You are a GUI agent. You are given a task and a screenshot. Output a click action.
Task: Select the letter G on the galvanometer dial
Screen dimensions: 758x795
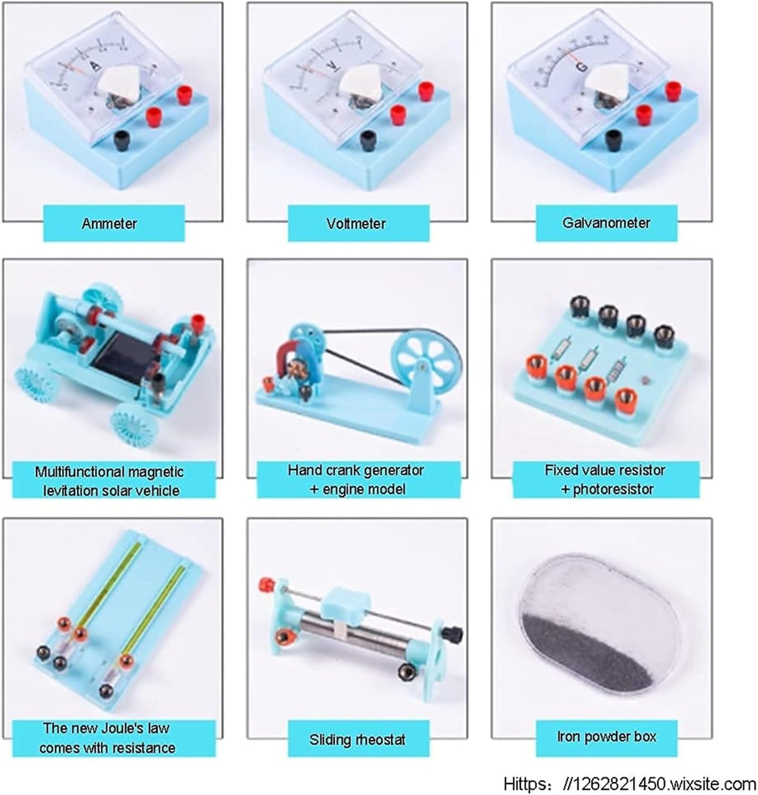tap(583, 67)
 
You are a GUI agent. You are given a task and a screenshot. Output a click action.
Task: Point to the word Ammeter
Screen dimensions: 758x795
tap(110, 224)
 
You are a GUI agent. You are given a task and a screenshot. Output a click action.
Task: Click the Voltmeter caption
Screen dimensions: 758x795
tap(356, 224)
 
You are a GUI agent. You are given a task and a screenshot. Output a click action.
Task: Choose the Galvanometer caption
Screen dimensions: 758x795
tap(606, 223)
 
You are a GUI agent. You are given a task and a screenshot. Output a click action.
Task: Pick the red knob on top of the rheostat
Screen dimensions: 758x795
tap(267, 584)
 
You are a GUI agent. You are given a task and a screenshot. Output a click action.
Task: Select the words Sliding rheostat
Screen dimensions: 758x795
tap(358, 740)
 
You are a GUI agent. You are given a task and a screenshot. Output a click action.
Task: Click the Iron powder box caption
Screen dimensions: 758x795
tap(607, 737)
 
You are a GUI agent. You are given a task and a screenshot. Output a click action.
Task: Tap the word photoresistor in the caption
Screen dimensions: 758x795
tap(613, 489)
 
